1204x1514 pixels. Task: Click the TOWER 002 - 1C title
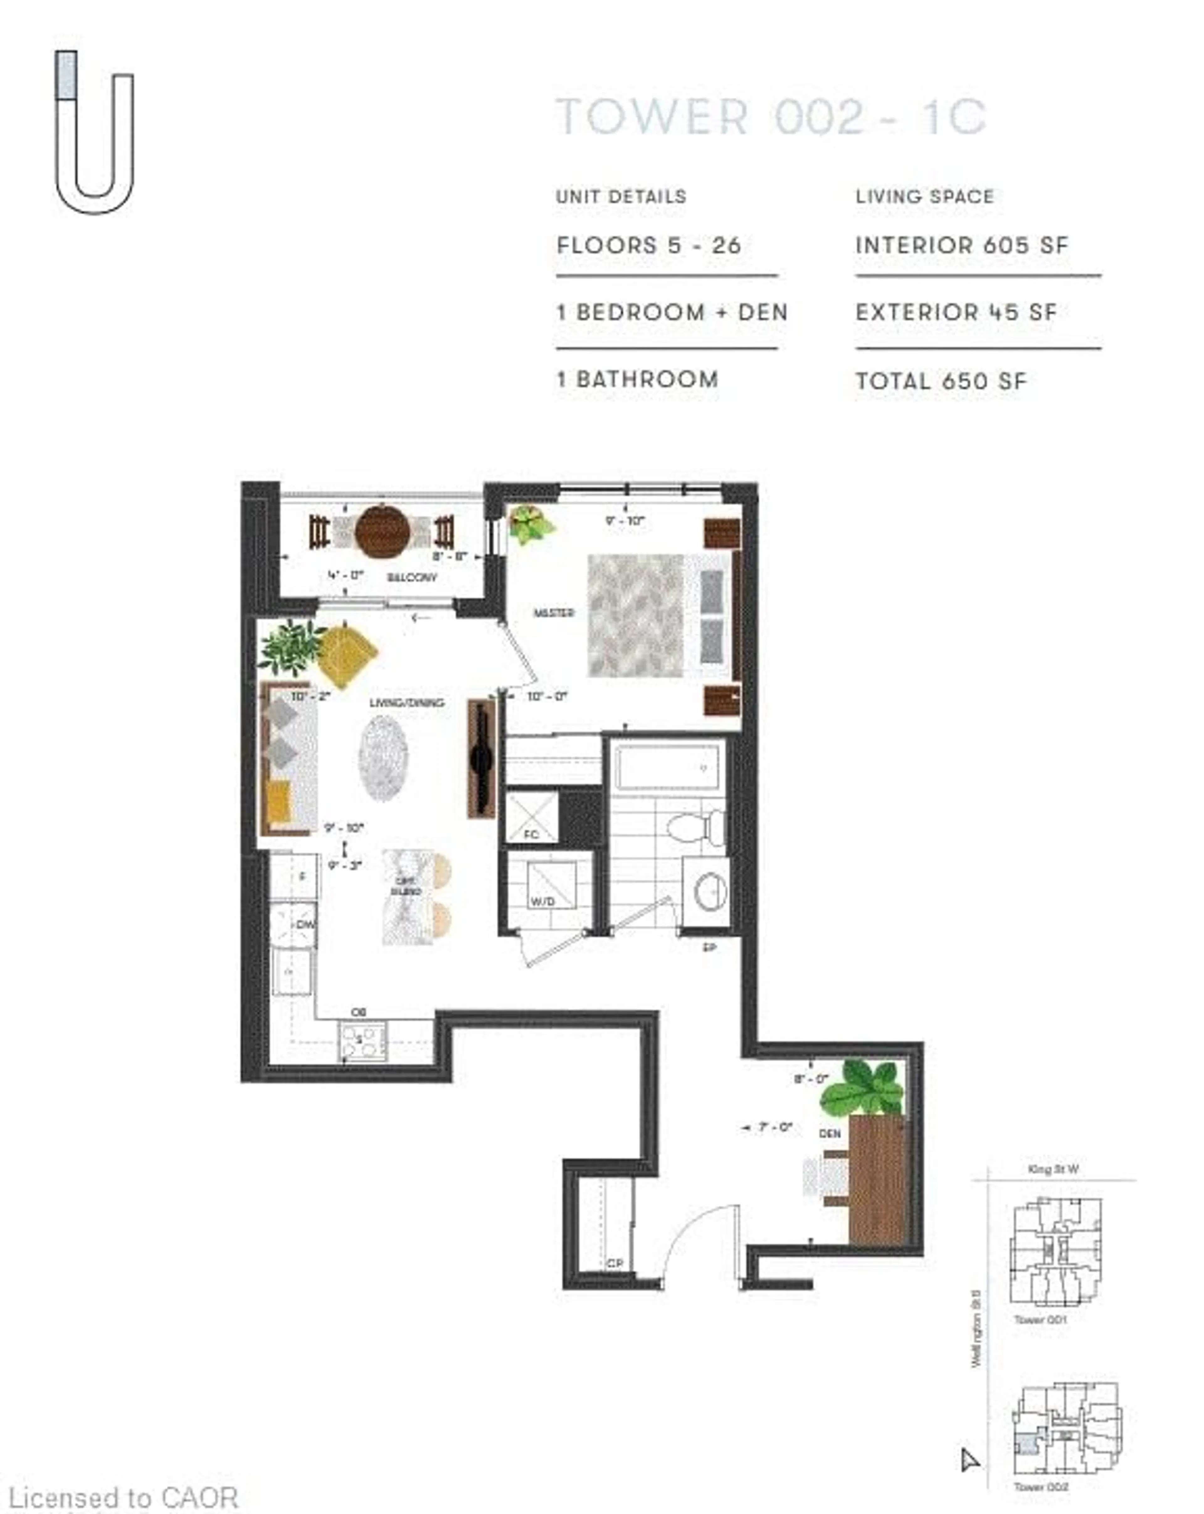pyautogui.click(x=771, y=117)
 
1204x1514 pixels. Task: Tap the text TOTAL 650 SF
pyautogui.click(x=941, y=381)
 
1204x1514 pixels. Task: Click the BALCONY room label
pyautogui.click(x=412, y=577)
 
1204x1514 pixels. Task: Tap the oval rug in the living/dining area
pyautogui.click(x=383, y=758)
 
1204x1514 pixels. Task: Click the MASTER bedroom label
pyautogui.click(x=554, y=613)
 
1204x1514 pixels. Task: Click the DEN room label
pyautogui.click(x=829, y=1134)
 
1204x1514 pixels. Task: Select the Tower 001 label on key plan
pyautogui.click(x=1040, y=1320)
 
